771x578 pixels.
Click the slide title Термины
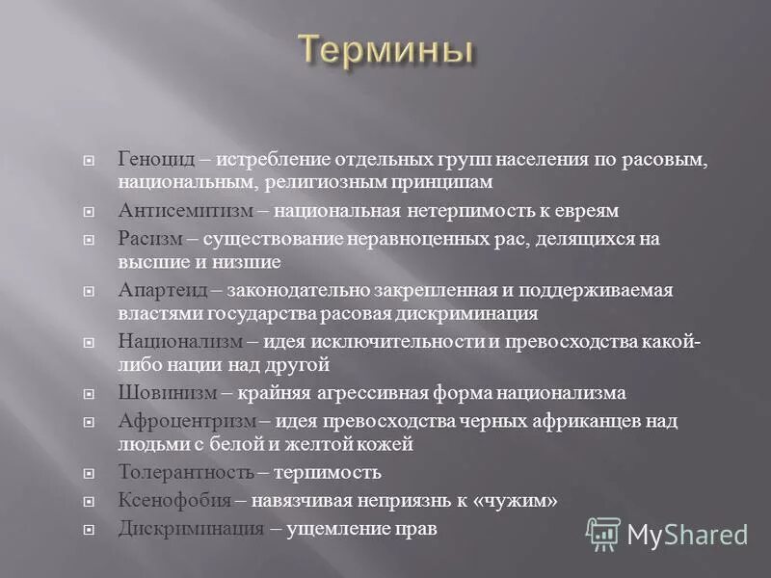point(385,49)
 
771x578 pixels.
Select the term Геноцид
point(155,158)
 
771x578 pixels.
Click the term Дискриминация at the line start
point(191,529)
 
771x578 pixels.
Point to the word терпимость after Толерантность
point(328,472)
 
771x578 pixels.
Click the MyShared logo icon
point(603,533)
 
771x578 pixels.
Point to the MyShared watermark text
point(687,535)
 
